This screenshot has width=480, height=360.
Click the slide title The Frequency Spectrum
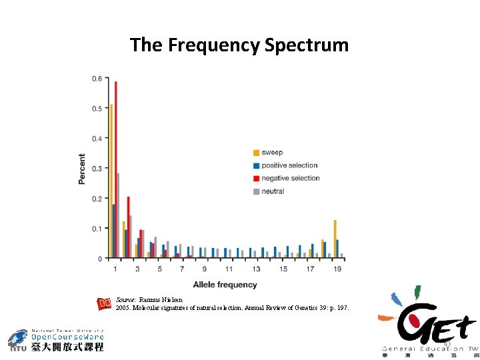[x=239, y=45]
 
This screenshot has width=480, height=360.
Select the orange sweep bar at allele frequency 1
[x=111, y=180]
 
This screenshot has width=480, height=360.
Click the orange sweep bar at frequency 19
[x=335, y=239]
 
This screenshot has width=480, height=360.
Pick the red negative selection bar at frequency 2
[x=128, y=227]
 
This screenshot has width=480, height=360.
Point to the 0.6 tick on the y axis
[x=97, y=79]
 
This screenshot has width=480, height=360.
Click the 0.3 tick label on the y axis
[x=97, y=169]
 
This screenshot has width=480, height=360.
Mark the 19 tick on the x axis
[x=338, y=269]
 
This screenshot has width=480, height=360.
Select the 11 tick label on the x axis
[x=229, y=269]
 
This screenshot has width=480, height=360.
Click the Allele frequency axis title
[x=225, y=285]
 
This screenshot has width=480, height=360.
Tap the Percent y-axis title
[x=82, y=169]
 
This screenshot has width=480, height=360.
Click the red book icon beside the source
[x=104, y=304]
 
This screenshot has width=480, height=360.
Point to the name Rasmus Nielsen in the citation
[x=161, y=300]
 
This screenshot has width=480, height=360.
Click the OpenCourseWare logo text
[x=67, y=337]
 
